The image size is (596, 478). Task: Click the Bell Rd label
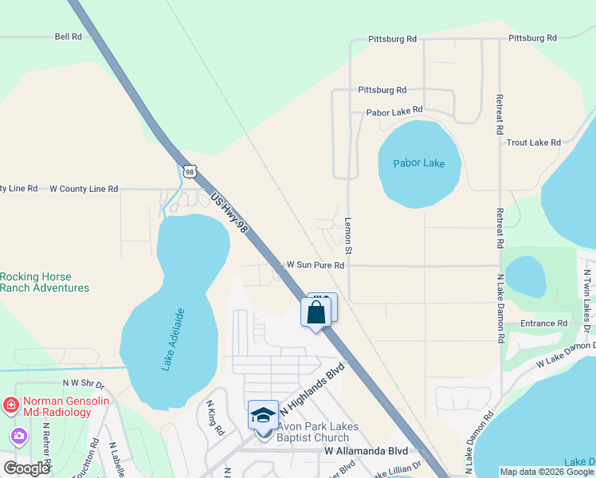69,37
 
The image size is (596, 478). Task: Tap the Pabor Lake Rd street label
394,112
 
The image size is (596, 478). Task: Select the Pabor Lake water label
418,163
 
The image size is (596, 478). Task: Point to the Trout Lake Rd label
534,143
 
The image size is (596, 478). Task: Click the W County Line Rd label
84,189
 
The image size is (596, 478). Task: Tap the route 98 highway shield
189,170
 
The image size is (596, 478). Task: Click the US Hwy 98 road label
230,212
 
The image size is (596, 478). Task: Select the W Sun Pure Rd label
316,264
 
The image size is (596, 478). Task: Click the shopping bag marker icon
316,311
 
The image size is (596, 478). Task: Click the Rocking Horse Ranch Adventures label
45,282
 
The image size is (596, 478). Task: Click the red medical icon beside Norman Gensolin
10,405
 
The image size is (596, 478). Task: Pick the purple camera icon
18,436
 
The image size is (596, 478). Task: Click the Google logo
27,468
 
